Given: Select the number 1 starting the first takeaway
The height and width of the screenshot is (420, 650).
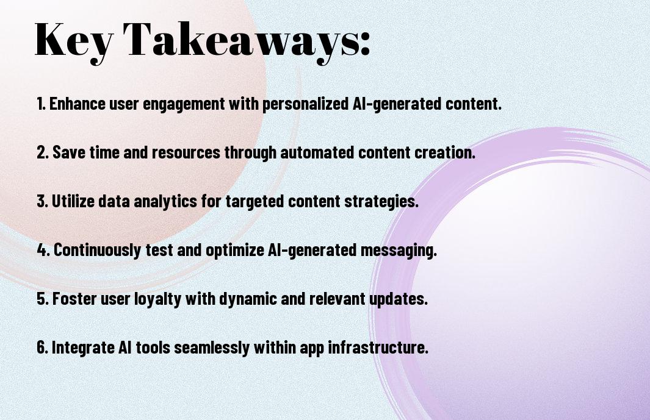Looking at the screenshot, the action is point(40,104).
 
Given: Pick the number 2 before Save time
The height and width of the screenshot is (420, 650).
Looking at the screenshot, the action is point(42,152).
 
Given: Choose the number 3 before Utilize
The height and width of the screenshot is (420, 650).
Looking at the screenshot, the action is point(42,201).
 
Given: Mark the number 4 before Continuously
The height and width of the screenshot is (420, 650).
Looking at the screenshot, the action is point(43,250).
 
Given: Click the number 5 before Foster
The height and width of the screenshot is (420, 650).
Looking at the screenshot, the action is point(43,299).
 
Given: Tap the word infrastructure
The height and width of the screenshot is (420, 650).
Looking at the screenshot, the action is point(378,347).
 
